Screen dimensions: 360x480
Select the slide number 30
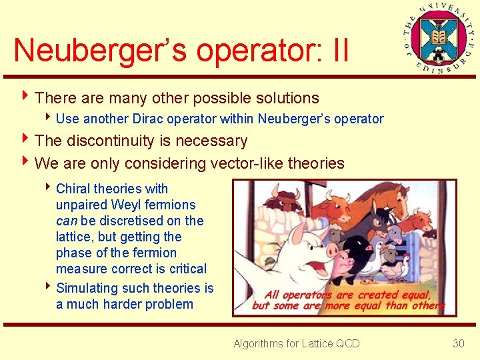coord(458,343)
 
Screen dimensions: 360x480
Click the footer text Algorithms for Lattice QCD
coord(296,343)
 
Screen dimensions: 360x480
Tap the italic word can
coord(67,221)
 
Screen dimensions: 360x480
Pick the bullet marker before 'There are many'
coord(26,98)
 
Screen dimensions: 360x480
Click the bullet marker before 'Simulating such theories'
coord(48,288)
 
